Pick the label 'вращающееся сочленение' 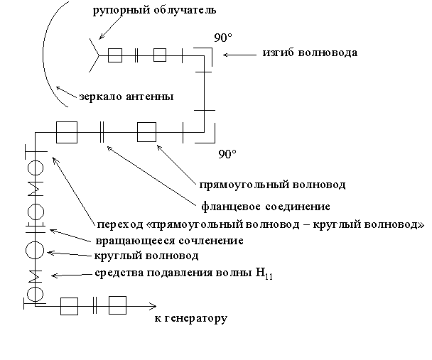pyautogui.click(x=159, y=241)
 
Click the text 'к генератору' pyautogui.click(x=190, y=318)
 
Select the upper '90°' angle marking pyautogui.click(x=222, y=36)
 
